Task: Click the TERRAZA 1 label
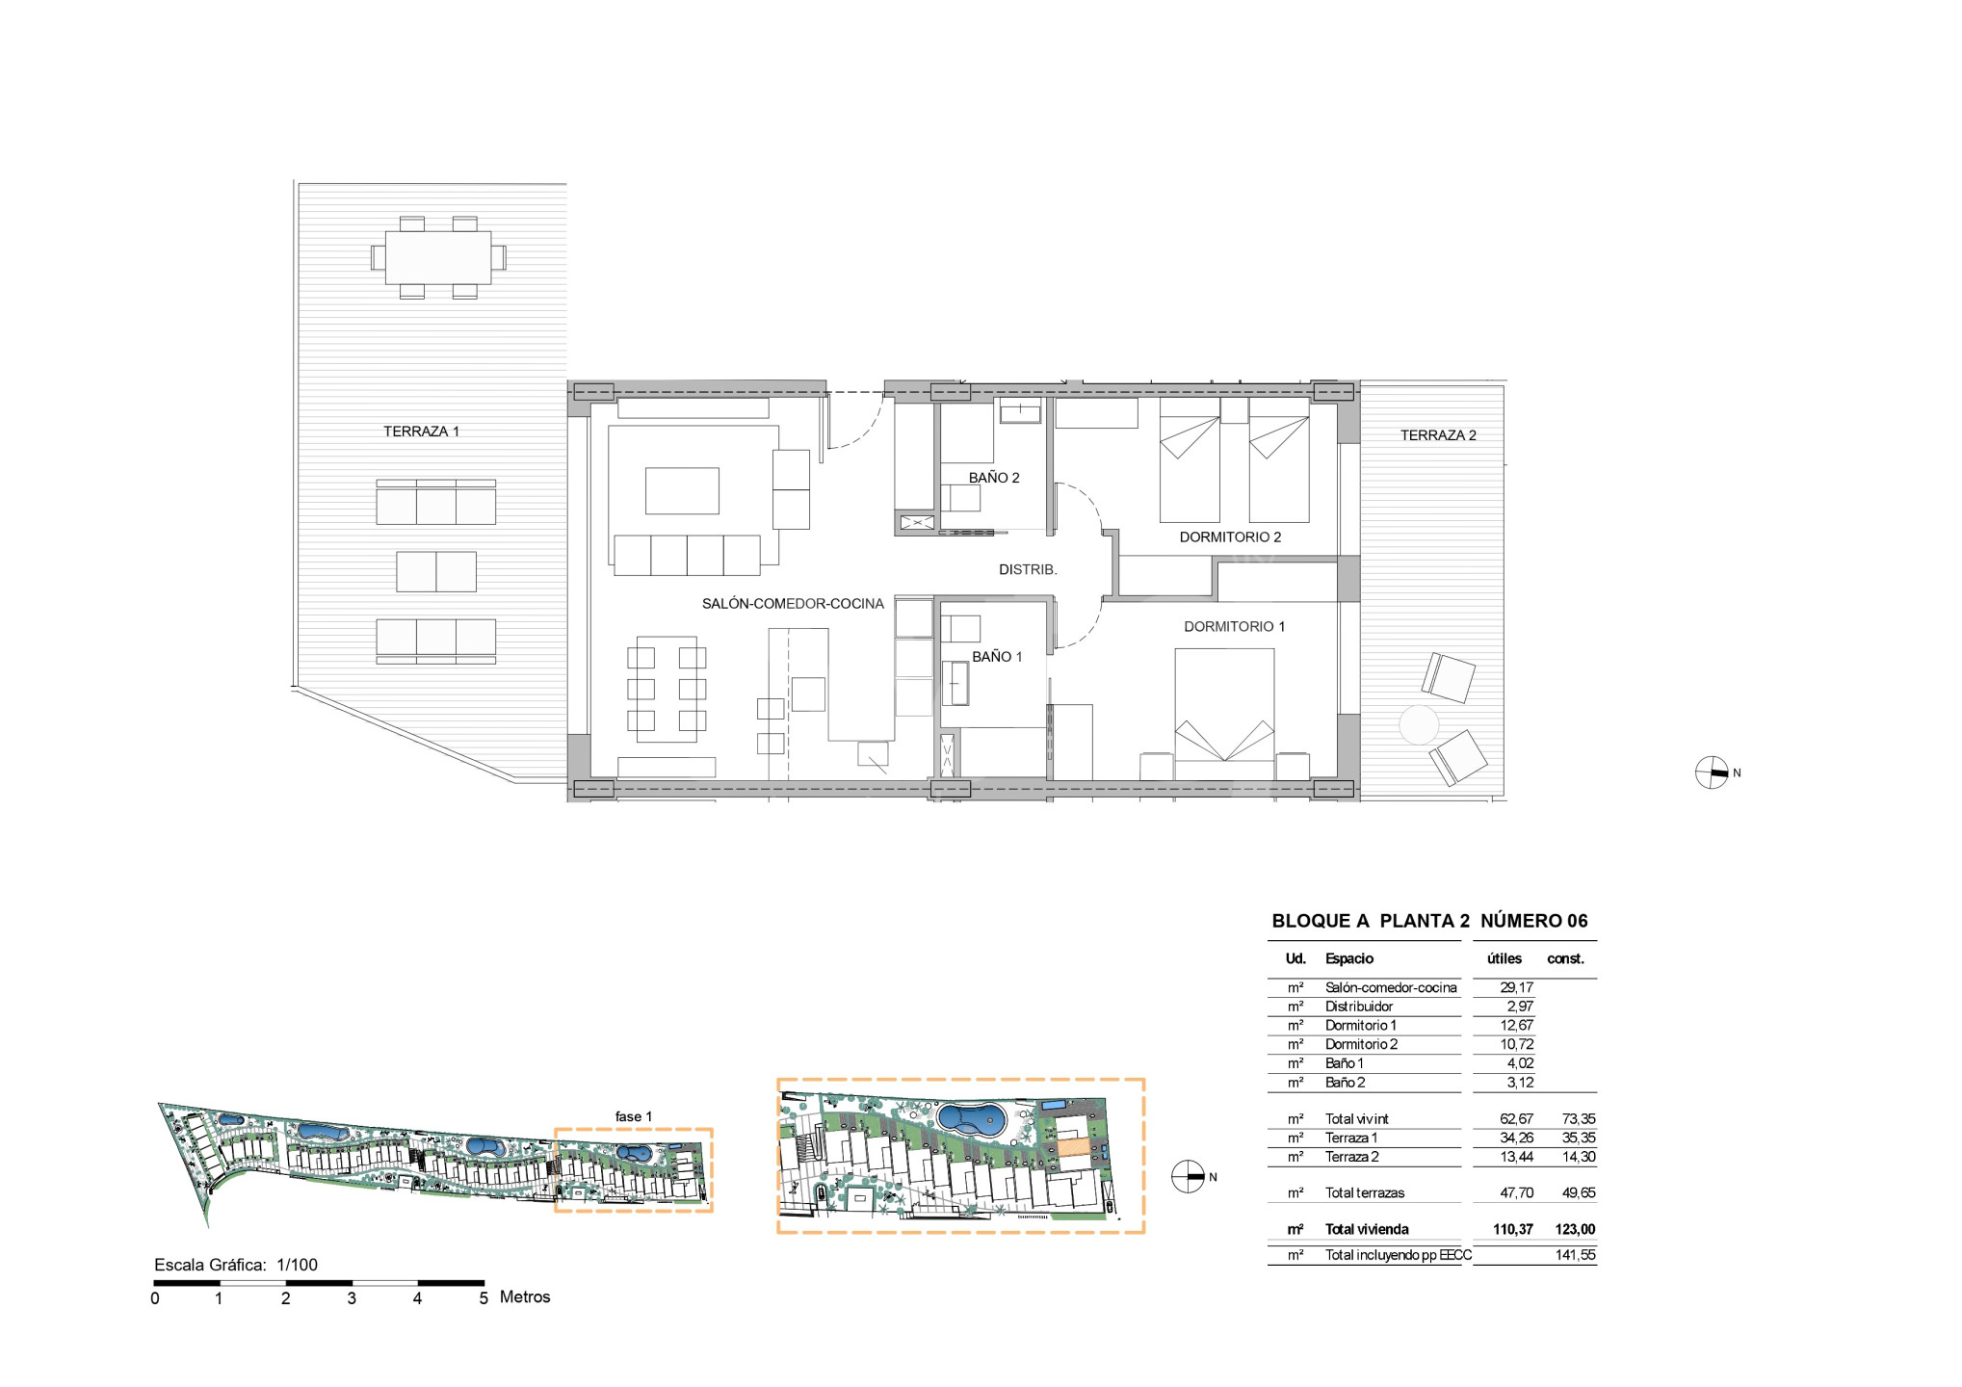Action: tap(421, 432)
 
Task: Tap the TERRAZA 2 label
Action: tap(1438, 435)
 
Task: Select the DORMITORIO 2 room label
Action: tap(1230, 537)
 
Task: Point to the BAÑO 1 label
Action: tap(997, 657)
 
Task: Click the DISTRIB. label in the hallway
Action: tap(1028, 570)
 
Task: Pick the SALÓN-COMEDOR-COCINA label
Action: tap(793, 604)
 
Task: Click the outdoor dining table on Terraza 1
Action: tap(438, 257)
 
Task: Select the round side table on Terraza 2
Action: tap(1419, 724)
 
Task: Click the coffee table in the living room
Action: tap(682, 491)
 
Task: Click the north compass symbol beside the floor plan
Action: tap(1712, 772)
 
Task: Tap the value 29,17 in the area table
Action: tap(1516, 987)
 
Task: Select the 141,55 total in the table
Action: tap(1575, 1255)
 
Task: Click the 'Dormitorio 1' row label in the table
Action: tap(1360, 1026)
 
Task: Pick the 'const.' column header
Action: tap(1565, 959)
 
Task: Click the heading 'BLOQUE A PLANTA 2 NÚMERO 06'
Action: tap(1429, 921)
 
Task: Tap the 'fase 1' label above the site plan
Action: tap(634, 1117)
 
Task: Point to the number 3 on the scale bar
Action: tap(352, 1298)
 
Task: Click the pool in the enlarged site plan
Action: tap(972, 1119)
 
